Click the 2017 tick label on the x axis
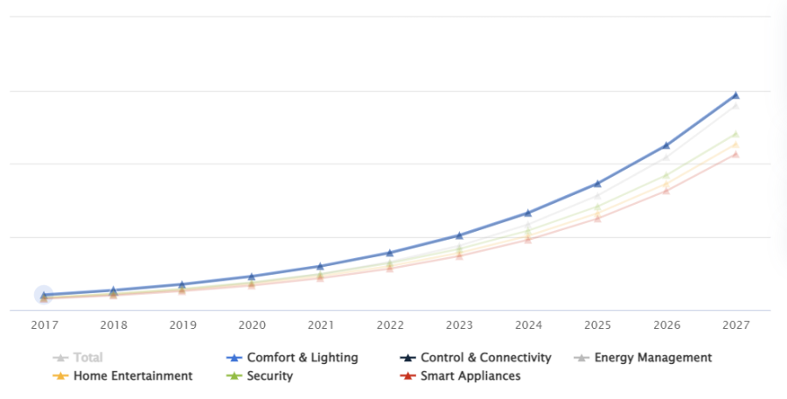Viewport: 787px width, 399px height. [44, 325]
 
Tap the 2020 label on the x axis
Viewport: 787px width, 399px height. [252, 325]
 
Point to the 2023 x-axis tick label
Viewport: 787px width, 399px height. [459, 325]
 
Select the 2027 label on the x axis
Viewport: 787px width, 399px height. [735, 325]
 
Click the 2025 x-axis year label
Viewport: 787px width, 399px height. [597, 325]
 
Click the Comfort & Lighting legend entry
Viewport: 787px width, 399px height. [303, 358]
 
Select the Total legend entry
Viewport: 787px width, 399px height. [87, 358]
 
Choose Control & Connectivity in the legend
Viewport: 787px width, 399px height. [485, 358]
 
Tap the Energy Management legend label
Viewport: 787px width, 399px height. [652, 358]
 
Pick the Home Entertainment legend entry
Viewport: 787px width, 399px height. [132, 376]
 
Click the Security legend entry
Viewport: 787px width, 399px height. [269, 376]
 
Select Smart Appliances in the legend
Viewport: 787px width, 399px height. [470, 376]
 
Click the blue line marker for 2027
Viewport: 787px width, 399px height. [735, 94]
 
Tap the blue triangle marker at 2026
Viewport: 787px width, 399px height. [666, 145]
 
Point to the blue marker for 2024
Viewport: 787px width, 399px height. [528, 213]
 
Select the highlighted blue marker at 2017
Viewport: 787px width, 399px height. [44, 295]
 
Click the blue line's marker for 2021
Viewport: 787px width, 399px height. [321, 266]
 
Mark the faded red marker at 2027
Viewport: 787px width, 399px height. [735, 154]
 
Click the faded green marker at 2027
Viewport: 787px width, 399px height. [735, 134]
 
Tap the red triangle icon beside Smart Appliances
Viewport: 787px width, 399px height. [407, 376]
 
